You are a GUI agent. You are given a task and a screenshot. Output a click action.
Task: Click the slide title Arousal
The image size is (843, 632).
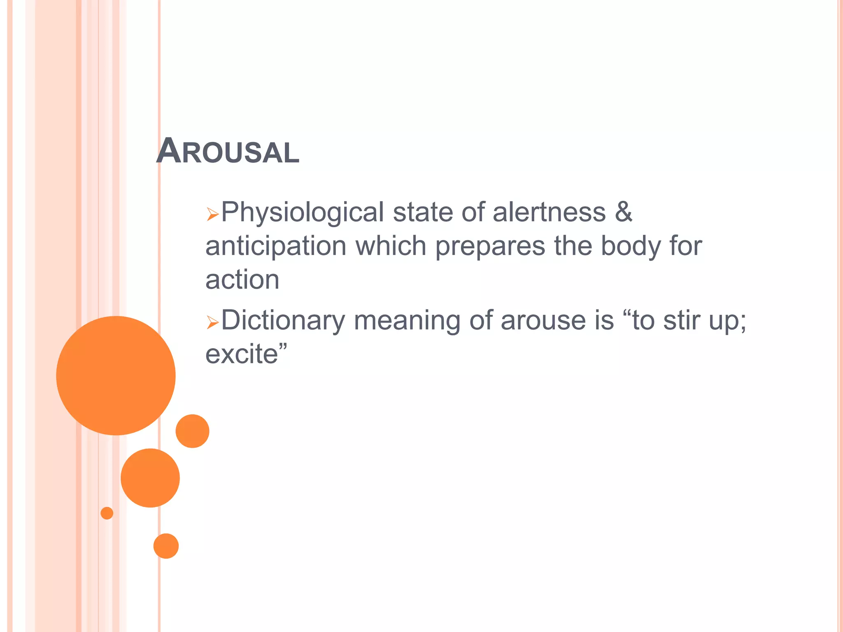pyautogui.click(x=228, y=151)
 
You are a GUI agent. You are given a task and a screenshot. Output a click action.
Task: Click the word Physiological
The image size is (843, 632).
pyautogui.click(x=303, y=213)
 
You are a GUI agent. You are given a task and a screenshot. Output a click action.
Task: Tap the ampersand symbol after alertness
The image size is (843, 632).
pyautogui.click(x=623, y=212)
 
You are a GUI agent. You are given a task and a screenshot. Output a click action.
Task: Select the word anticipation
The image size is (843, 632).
pyautogui.click(x=276, y=246)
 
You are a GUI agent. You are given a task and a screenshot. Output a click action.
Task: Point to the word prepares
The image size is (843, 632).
pyautogui.click(x=490, y=246)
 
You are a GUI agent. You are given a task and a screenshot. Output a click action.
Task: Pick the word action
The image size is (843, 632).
pyautogui.click(x=242, y=280)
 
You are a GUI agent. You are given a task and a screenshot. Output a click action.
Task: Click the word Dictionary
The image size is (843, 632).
pyautogui.click(x=283, y=321)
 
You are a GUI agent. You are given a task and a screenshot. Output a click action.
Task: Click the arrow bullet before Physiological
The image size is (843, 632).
pyautogui.click(x=212, y=214)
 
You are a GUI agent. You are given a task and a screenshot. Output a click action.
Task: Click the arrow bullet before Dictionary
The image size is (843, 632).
pyautogui.click(x=212, y=322)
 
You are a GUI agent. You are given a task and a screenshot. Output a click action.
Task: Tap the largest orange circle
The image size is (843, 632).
pyautogui.click(x=116, y=375)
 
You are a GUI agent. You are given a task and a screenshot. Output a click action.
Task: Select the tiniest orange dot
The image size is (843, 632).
pyautogui.click(x=107, y=513)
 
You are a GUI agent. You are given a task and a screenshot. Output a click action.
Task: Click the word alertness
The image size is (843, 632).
pyautogui.click(x=549, y=212)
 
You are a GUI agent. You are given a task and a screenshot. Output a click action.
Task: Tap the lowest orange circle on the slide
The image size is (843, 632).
pyautogui.click(x=166, y=546)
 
